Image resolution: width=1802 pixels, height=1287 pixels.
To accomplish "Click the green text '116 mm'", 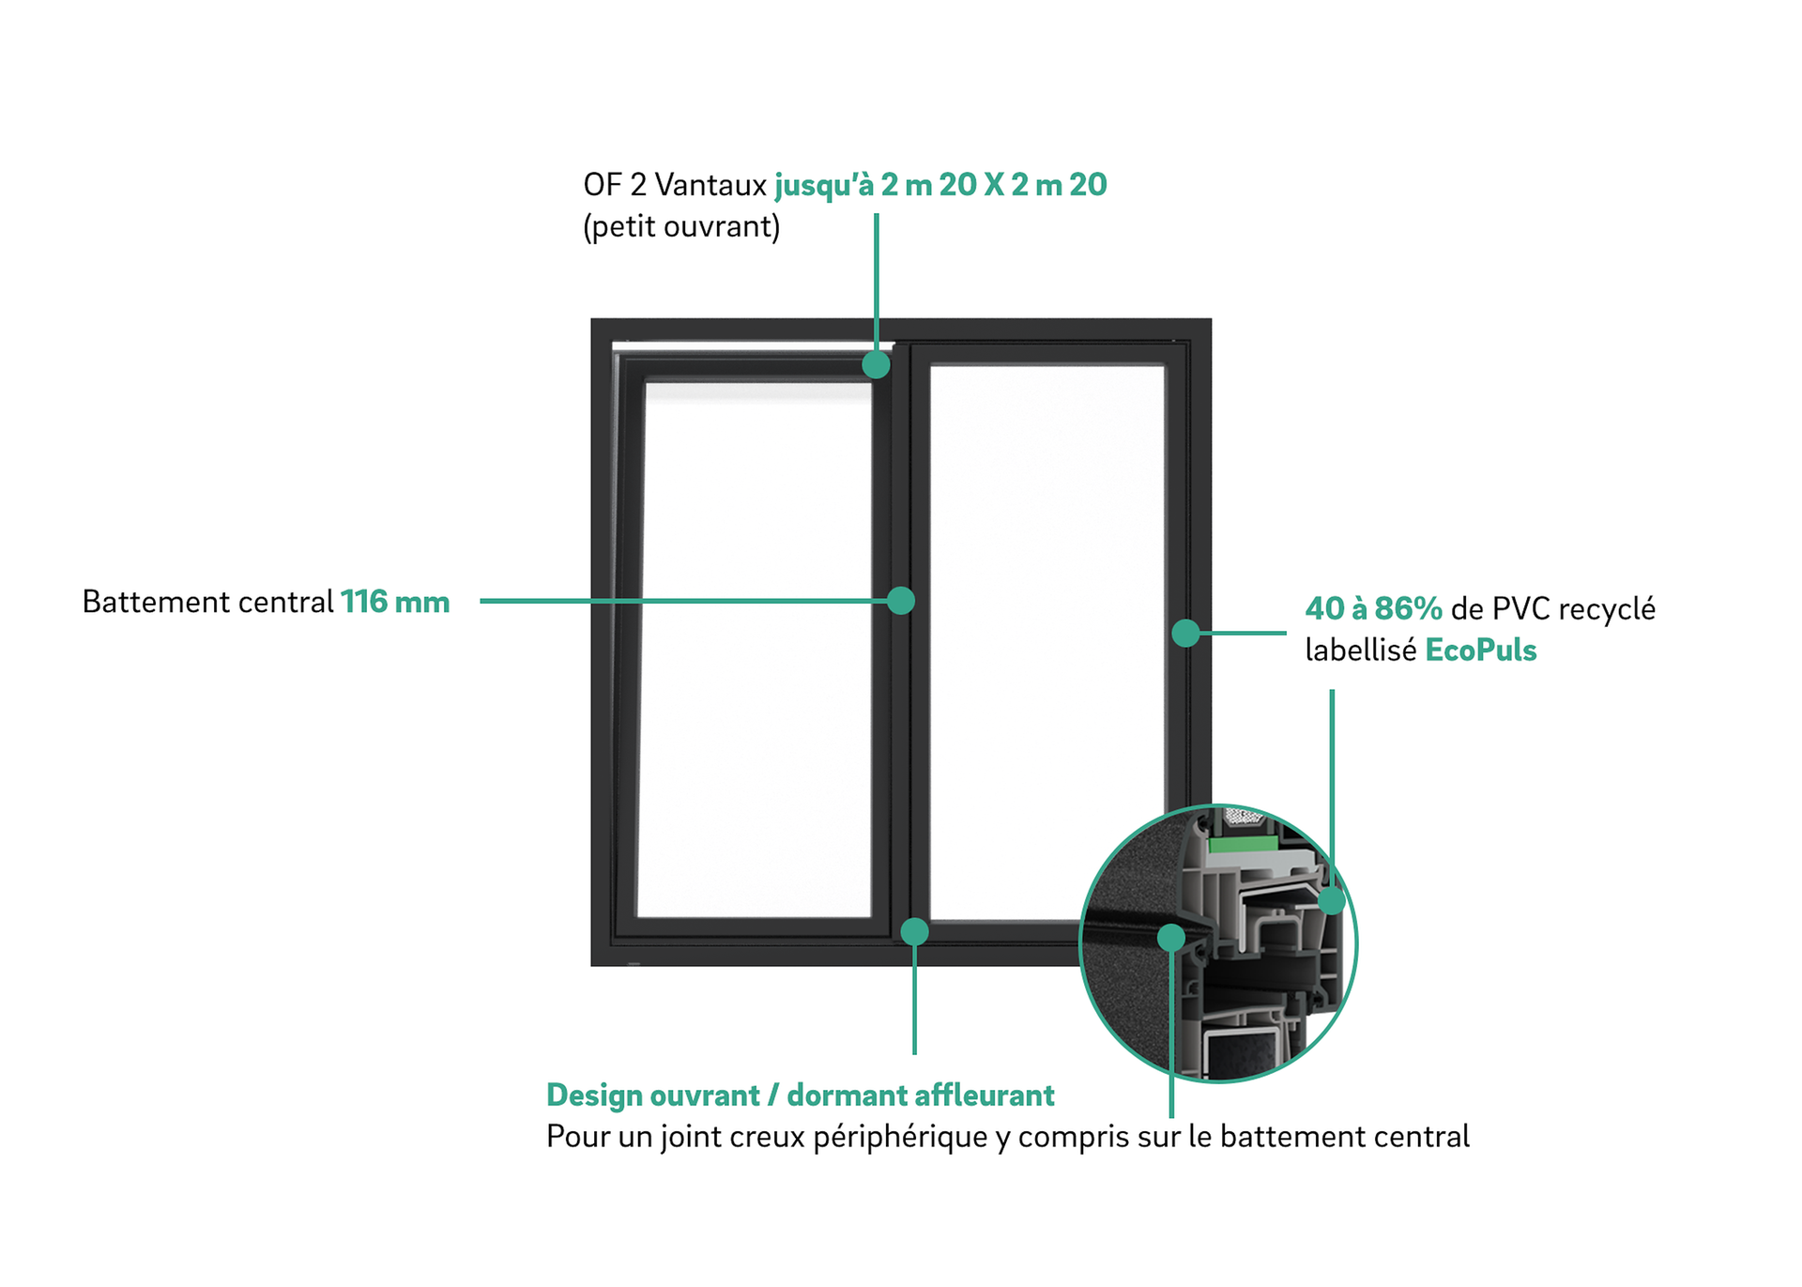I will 395,602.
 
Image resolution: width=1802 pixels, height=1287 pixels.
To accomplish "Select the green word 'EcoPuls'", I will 1480,651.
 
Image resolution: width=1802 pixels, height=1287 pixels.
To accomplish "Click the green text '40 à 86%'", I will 1373,609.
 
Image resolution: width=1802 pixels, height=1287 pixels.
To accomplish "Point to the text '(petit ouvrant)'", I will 681,227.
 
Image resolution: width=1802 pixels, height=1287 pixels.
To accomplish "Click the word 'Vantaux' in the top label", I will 710,185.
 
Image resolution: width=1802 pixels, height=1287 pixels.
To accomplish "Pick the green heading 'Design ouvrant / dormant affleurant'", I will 800,1095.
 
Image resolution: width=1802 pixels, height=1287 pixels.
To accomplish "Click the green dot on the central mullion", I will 901,601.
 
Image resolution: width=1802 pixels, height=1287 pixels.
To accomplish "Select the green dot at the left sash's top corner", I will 876,364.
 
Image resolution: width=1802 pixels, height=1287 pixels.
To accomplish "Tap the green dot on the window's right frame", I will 1186,633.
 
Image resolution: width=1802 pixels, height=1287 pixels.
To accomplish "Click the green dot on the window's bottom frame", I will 915,931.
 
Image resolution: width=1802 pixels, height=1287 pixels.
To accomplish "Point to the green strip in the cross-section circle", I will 1241,845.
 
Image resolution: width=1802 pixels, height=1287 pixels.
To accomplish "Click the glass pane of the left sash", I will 756,648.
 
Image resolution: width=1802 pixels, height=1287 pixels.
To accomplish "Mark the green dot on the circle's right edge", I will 1332,901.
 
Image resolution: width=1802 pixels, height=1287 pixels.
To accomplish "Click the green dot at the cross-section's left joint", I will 1171,937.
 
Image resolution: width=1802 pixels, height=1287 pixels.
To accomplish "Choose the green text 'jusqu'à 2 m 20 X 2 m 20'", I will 940,185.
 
